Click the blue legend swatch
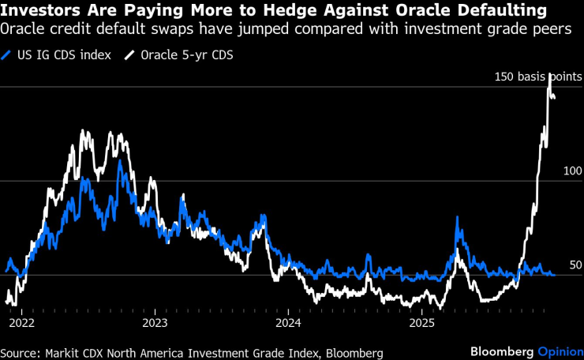click(x=8, y=55)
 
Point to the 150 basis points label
click(x=538, y=77)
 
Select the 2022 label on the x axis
click(x=22, y=324)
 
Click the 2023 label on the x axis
click(x=155, y=324)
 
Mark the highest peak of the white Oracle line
click(x=549, y=75)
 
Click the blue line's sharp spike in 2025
click(x=457, y=218)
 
